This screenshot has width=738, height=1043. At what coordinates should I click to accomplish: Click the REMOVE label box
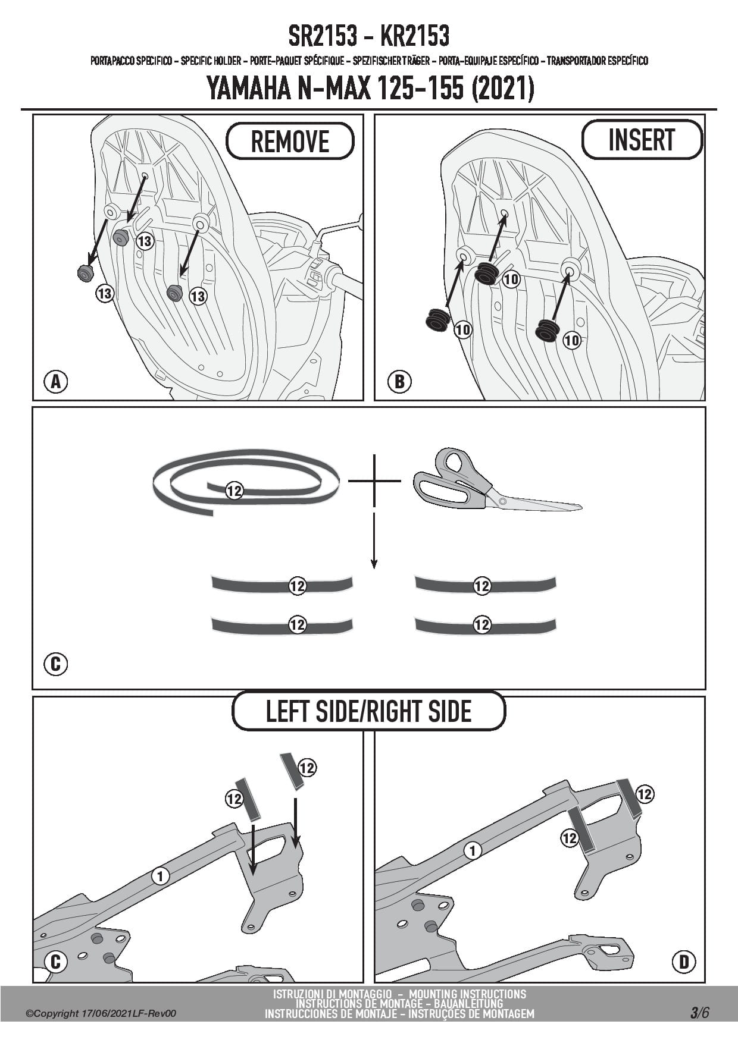290,141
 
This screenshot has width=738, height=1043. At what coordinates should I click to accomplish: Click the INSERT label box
641,140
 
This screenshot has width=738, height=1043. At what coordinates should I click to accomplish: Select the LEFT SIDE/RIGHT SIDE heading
368,711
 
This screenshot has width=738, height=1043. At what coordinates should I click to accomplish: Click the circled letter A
56,381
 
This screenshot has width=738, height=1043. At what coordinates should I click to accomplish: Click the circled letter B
399,381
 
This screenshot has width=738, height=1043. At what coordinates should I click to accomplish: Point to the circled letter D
684,962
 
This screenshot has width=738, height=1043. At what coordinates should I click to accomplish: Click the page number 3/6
699,1013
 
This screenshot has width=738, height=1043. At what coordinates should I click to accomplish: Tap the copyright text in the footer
101,1014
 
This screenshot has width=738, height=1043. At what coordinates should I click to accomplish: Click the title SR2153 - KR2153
368,36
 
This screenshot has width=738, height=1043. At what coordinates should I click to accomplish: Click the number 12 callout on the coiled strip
234,491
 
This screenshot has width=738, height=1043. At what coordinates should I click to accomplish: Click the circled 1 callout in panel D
473,851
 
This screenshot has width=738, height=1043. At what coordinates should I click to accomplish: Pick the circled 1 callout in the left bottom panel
160,875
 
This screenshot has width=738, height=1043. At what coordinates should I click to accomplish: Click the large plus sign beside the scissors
374,480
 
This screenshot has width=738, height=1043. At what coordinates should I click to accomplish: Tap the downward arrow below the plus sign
374,541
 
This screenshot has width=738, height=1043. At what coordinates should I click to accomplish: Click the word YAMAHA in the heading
248,89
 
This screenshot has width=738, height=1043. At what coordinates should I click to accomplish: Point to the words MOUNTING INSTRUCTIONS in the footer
467,994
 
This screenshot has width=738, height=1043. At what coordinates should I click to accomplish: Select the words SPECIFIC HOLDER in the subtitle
211,61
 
